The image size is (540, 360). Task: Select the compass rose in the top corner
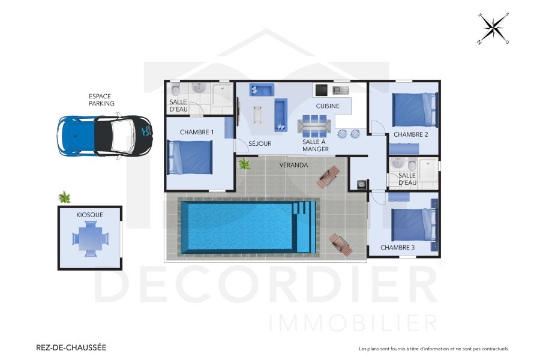coord(493,28)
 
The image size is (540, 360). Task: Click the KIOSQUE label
coord(89,214)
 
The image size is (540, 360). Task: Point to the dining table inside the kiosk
coord(91,239)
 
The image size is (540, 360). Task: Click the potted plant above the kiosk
coord(64,197)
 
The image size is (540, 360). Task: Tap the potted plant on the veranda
coord(244,163)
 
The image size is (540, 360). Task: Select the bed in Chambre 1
coord(190,157)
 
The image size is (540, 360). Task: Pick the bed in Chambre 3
coord(413,224)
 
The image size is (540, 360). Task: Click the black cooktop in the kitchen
coord(321,90)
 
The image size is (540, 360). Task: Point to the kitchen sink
coord(341,90)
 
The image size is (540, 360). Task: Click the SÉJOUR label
coord(260,144)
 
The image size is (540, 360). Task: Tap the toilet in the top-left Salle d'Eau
coord(175,91)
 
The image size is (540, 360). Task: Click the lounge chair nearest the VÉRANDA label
coord(329,176)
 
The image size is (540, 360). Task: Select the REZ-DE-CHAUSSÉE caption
coord(71,347)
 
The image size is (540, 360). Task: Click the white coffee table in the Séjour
coord(259,113)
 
